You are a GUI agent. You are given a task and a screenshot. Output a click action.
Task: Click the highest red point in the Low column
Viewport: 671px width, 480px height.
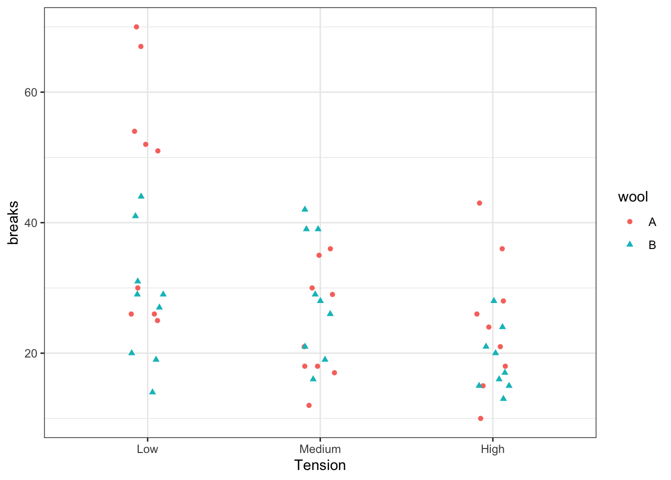point(136,27)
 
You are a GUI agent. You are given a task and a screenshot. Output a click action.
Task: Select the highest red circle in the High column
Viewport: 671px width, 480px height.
point(479,203)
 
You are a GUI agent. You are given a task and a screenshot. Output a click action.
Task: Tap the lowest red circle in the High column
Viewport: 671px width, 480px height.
point(480,418)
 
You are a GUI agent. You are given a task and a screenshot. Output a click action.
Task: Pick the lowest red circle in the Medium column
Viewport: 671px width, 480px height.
point(309,405)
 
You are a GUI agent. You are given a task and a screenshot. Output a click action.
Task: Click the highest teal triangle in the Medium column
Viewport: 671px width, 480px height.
point(305,209)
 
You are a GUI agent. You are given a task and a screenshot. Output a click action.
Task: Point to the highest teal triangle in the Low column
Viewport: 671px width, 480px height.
point(141,196)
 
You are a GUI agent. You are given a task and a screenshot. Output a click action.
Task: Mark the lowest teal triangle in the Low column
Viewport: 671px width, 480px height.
point(152,391)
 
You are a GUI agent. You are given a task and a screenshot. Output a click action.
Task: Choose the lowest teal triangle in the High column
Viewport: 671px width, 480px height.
point(503,398)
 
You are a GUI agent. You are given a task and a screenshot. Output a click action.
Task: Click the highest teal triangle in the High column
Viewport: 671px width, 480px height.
point(494,300)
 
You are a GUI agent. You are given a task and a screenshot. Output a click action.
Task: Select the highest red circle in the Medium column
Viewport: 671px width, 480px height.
point(330,249)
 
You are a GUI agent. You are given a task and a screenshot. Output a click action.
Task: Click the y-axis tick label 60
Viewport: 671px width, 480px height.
point(31,92)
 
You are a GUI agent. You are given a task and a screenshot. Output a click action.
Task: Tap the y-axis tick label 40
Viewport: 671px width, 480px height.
point(31,223)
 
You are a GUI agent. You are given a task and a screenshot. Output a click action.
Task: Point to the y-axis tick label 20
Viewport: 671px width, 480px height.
point(31,353)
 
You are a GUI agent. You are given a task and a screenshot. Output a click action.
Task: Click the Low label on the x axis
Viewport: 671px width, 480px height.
point(147,449)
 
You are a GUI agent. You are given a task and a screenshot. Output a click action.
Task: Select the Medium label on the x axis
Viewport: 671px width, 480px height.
point(320,449)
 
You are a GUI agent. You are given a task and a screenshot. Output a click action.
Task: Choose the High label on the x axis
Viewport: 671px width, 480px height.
point(493,449)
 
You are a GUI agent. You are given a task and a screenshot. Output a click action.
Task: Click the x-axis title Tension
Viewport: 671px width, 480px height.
point(320,465)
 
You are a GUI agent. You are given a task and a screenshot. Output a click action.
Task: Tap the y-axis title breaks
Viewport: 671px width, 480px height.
point(13,223)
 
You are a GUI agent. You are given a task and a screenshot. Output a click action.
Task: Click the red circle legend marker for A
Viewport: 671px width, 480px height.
point(630,222)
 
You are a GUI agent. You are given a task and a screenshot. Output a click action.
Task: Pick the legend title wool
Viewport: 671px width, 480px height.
point(633,197)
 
